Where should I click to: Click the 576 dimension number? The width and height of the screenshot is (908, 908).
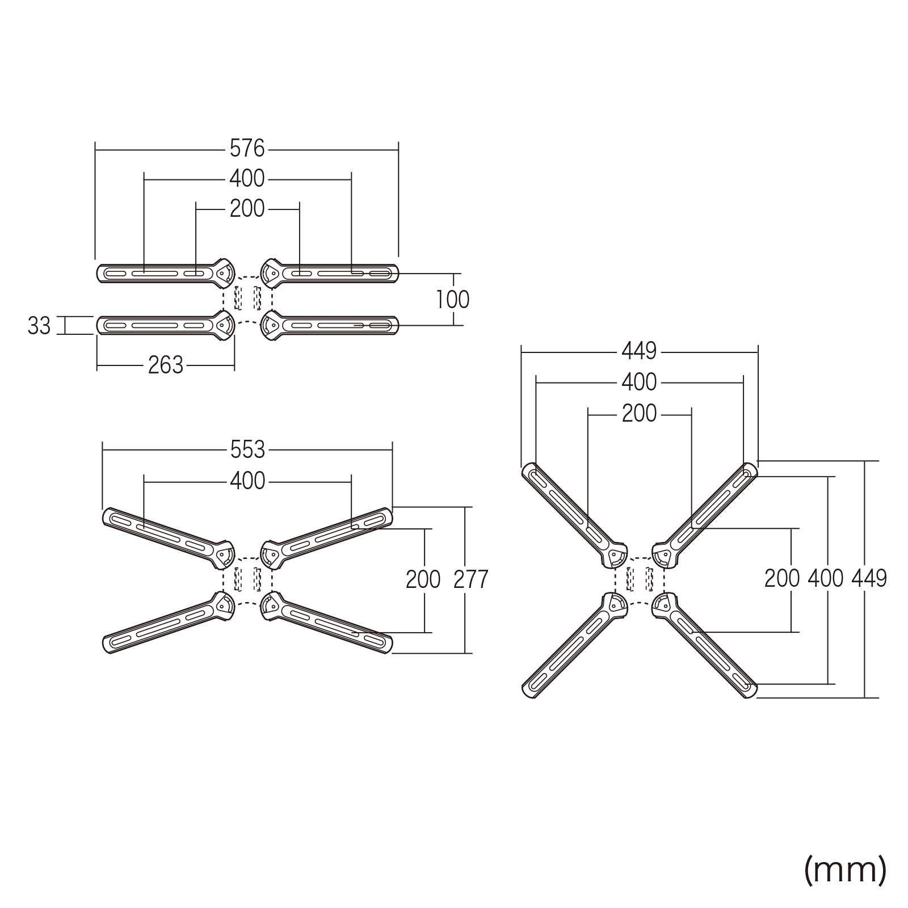247,149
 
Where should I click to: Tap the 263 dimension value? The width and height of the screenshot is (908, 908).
166,365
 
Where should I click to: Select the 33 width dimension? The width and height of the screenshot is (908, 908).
39,326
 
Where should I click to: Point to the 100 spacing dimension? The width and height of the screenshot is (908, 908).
453,300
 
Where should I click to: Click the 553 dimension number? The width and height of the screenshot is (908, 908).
247,450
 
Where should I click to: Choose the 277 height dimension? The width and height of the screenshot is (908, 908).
471,579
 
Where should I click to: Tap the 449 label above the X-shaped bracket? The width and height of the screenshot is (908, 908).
639,352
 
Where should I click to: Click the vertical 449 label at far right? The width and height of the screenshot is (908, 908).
869,578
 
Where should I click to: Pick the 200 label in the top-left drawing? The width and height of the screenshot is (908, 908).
247,209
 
